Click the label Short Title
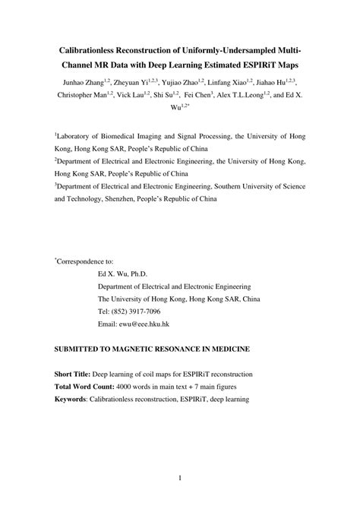point(71,375)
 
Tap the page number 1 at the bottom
point(181,478)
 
